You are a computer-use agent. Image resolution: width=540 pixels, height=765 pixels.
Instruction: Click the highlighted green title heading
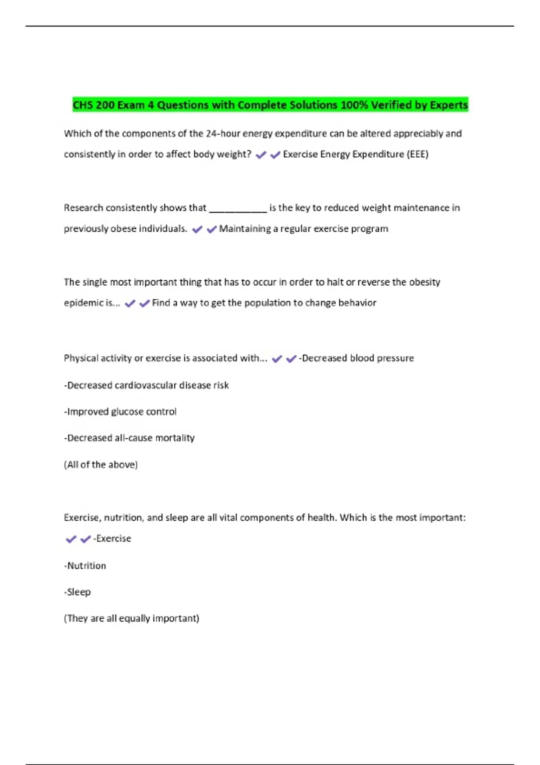tap(270, 105)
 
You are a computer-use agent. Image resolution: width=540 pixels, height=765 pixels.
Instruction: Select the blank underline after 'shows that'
tap(238, 208)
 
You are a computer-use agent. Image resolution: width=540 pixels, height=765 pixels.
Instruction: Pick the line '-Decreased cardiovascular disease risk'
tap(146, 385)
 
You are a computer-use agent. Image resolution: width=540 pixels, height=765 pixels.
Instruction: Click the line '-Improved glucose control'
tap(120, 412)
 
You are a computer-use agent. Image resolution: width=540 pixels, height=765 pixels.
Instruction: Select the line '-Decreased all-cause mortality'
tap(129, 438)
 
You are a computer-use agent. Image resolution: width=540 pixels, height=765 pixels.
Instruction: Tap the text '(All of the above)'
tap(101, 464)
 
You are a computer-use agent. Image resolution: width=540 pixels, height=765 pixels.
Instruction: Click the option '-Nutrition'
tap(85, 566)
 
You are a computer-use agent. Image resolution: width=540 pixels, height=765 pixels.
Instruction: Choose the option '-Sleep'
tap(77, 592)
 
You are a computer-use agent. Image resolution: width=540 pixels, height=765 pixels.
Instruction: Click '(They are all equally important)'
tap(131, 618)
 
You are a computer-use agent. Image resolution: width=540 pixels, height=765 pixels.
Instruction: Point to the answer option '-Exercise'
tap(112, 539)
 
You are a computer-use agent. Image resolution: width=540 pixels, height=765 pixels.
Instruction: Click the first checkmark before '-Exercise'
tap(71, 539)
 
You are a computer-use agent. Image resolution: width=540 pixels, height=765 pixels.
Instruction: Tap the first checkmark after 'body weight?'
tap(261, 155)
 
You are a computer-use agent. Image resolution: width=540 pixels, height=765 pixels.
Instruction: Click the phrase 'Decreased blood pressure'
tap(358, 358)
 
